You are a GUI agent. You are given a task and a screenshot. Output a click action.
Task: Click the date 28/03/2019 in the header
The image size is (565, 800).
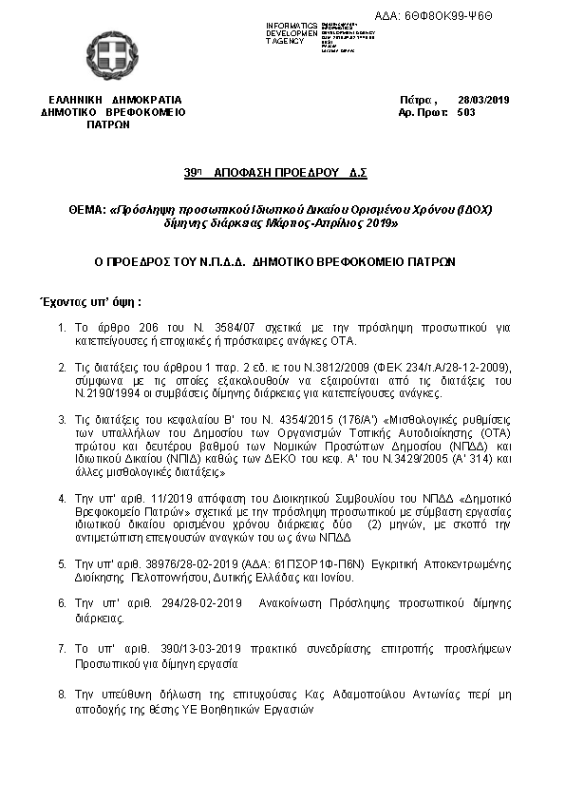pos(483,99)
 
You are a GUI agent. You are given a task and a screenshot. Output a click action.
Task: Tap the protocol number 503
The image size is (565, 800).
pos(465,111)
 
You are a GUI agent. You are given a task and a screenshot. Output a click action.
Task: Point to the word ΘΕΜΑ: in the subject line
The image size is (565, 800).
pos(87,209)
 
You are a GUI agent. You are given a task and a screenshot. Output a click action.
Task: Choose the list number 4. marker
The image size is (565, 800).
pos(62,496)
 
